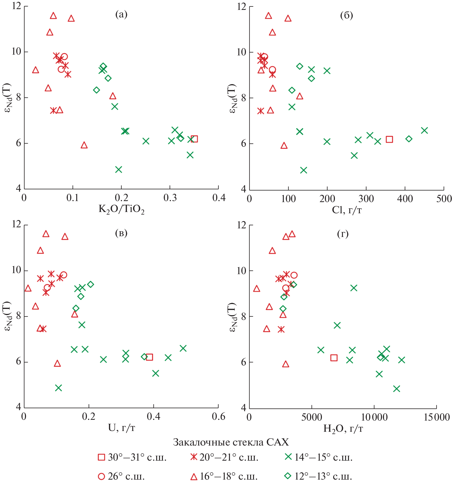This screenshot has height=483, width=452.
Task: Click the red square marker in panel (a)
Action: point(194,139)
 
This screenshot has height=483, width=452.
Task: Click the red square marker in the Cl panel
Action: point(389,139)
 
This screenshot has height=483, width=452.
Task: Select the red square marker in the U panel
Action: point(149,357)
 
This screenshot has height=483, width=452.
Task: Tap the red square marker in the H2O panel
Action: point(334,358)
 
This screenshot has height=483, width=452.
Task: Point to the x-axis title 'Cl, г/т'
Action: point(347,210)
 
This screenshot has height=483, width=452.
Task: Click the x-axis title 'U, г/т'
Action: point(122,428)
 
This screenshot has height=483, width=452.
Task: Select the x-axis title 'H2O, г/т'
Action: point(343,428)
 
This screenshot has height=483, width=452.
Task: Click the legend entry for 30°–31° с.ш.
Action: point(132,457)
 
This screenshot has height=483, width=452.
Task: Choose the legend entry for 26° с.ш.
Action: point(121,476)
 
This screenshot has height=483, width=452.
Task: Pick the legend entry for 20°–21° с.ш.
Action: point(224,457)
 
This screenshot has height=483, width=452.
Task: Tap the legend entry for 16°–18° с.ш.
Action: point(224,476)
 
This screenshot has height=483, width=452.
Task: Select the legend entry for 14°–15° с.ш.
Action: point(319,457)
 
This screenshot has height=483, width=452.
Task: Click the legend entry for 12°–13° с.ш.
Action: point(318,476)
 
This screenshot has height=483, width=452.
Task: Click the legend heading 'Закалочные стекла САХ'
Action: point(231,442)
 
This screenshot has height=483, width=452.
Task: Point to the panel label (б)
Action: point(346,15)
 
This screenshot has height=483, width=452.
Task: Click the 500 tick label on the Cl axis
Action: point(444,199)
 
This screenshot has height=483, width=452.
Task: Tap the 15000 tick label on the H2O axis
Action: point(437,417)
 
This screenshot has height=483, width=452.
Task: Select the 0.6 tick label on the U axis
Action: point(218,417)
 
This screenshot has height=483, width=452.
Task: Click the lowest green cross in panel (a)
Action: point(119,170)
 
